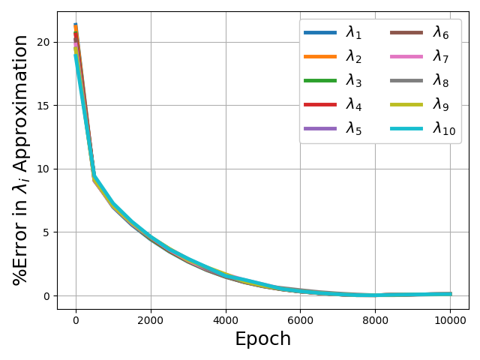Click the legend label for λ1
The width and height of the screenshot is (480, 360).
tap(353, 32)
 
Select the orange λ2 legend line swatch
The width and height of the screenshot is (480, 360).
tap(320, 56)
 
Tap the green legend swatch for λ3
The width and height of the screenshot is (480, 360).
tap(320, 80)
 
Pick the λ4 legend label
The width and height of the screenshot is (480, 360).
tap(353, 104)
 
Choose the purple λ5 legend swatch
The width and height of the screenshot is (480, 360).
tap(320, 128)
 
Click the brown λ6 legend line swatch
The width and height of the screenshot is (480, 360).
tap(406, 32)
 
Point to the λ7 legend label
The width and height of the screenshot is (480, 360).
tap(441, 56)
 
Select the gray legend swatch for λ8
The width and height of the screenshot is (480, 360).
tap(406, 80)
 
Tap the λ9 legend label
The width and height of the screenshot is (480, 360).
tap(441, 104)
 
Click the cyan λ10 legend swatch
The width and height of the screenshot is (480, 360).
tap(406, 128)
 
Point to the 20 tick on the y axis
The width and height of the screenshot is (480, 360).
tap(43, 42)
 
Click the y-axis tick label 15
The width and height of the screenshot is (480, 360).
tap(43, 106)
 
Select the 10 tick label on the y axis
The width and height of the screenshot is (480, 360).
tap(43, 169)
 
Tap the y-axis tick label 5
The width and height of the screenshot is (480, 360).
tap(46, 232)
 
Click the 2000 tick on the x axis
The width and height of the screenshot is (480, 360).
tap(151, 320)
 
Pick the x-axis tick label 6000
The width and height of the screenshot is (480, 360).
tap(300, 320)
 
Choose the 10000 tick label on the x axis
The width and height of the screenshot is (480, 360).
tap(450, 320)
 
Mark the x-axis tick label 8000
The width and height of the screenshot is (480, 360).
tap(375, 320)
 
